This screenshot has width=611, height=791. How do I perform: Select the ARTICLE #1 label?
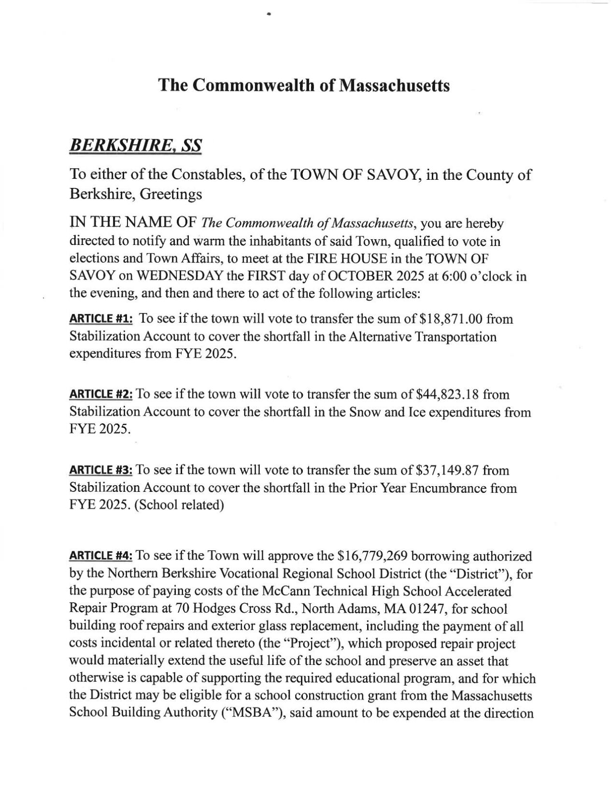coord(102,319)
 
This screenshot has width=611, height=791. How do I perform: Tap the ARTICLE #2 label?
coord(102,395)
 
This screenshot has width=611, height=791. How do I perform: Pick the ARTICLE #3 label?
coord(102,470)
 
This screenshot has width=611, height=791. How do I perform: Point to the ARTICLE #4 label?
coord(102,556)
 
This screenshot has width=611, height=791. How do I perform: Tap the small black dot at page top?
coord(269,15)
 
